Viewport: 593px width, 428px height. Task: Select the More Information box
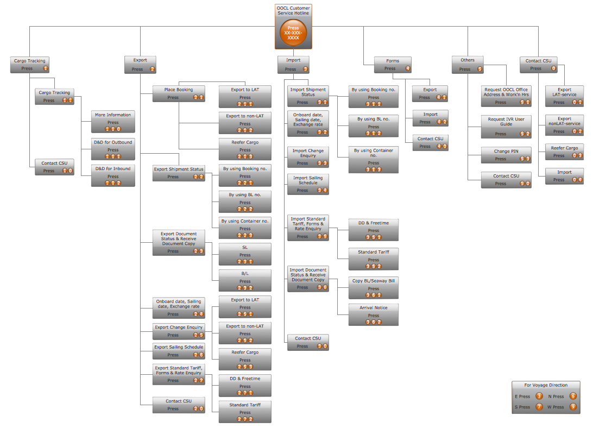pyautogui.click(x=113, y=122)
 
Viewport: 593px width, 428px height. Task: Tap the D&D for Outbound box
pyautogui.click(x=113, y=149)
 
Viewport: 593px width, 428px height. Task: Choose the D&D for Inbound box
pyautogui.click(x=113, y=175)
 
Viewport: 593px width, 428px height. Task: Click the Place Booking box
pyautogui.click(x=179, y=93)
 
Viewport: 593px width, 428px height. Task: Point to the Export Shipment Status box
pyautogui.click(x=179, y=173)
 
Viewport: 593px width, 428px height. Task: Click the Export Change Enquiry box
pyautogui.click(x=179, y=331)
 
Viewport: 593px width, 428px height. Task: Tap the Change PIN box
pyautogui.click(x=506, y=155)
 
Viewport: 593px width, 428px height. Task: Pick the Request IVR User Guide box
pyautogui.click(x=506, y=126)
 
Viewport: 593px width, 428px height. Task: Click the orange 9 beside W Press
pyautogui.click(x=573, y=407)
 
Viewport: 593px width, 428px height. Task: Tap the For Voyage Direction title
pyautogui.click(x=546, y=385)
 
